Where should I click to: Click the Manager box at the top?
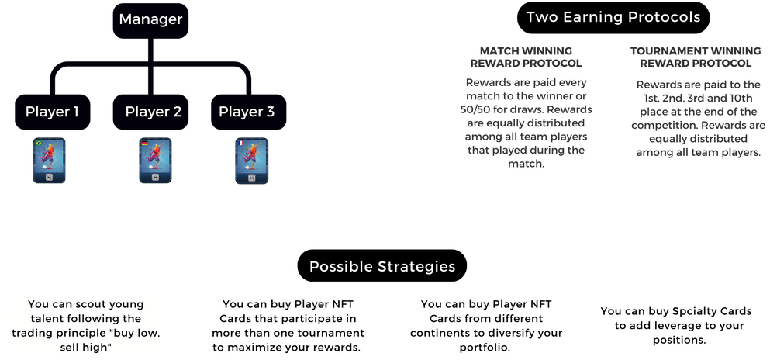[x=152, y=19]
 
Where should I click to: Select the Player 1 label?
[x=53, y=112]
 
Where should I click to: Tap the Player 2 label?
[x=153, y=112]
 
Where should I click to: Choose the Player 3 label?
[x=247, y=112]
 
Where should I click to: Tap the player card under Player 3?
[x=247, y=161]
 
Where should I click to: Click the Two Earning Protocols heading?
[x=613, y=17]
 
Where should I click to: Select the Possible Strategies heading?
[x=382, y=267]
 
